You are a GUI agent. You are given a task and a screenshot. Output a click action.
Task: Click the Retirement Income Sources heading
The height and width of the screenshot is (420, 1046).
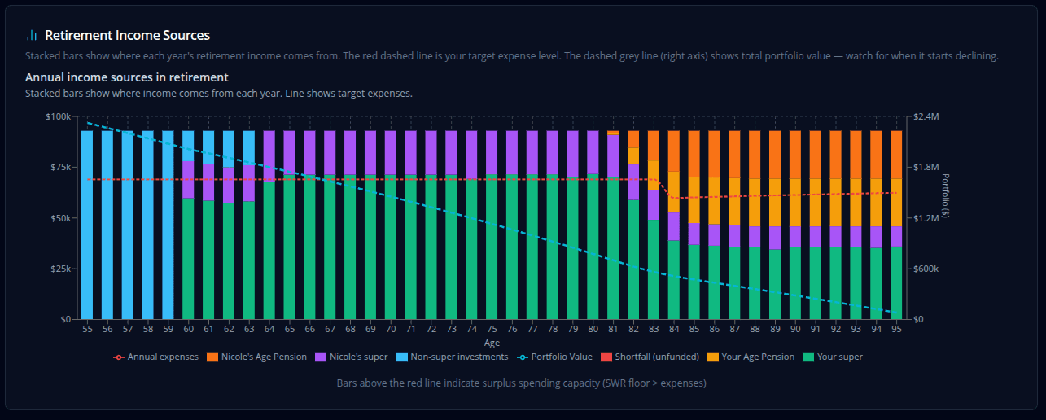point(127,36)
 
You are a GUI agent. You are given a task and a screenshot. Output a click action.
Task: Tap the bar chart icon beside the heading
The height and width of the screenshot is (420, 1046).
point(32,36)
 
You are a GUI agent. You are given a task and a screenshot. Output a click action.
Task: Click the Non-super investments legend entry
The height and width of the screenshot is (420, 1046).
point(451,357)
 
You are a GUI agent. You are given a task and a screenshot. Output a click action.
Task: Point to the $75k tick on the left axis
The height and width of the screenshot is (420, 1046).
point(59,168)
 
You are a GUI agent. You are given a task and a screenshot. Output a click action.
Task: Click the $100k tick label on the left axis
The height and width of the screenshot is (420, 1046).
point(58,117)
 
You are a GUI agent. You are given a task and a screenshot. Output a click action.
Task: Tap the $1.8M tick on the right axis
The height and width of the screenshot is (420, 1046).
point(927,168)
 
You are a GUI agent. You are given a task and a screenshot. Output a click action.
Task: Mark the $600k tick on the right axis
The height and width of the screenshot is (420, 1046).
point(927,269)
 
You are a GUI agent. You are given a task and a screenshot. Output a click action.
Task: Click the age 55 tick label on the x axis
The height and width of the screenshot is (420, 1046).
point(87,330)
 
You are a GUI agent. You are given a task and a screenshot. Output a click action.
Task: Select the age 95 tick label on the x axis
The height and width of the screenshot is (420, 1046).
point(896,330)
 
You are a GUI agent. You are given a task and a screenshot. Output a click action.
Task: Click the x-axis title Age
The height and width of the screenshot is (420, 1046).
point(492,343)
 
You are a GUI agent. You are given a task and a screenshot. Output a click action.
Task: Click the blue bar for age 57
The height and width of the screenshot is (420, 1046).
point(128,224)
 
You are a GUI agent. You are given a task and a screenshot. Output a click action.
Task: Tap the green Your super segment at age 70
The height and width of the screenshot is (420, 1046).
point(391,244)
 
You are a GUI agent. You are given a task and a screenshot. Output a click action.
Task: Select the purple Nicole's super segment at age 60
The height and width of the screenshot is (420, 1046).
point(188,179)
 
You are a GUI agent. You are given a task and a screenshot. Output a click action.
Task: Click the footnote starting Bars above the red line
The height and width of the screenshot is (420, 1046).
point(521,383)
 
